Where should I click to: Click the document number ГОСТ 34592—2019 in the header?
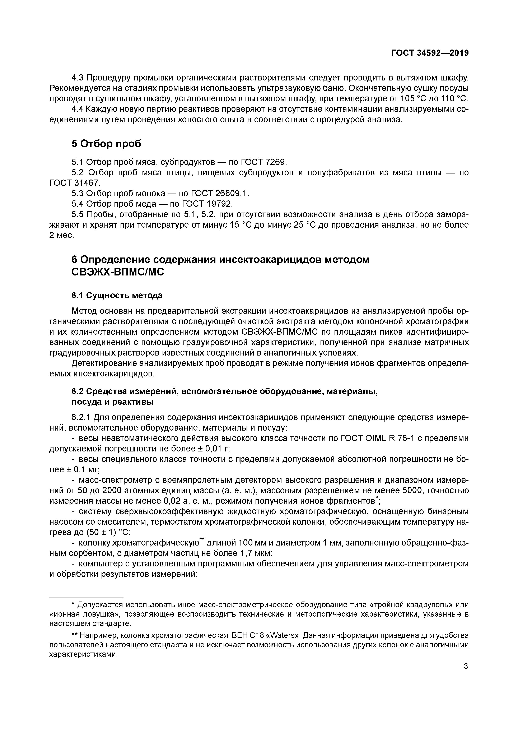(x=430, y=53)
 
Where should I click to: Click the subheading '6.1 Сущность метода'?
(x=117, y=295)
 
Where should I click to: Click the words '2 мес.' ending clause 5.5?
(x=62, y=235)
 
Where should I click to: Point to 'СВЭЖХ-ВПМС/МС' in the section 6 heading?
(x=118, y=272)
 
